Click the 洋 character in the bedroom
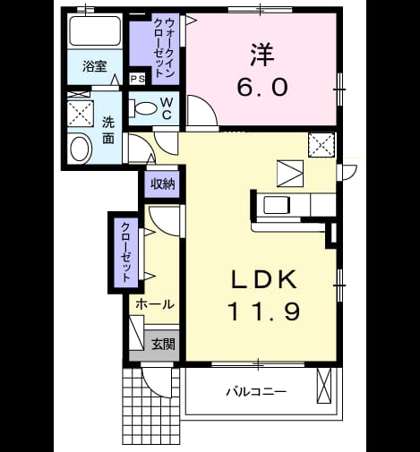click(x=262, y=55)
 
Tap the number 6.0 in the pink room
click(x=262, y=87)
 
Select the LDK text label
click(x=264, y=279)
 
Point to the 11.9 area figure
click(x=263, y=311)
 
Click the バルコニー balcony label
click(x=256, y=391)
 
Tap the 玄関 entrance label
click(x=163, y=344)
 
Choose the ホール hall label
click(x=154, y=304)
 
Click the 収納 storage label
click(x=162, y=184)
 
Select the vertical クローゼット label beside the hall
click(x=125, y=252)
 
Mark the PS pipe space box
click(x=138, y=79)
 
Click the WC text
click(x=167, y=108)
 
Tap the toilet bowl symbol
click(x=142, y=108)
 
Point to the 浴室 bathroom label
click(x=95, y=66)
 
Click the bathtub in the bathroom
click(x=95, y=30)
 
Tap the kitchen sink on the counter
click(x=277, y=206)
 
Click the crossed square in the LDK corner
click(x=321, y=145)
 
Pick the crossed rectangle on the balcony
click(x=324, y=386)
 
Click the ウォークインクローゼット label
click(x=165, y=48)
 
